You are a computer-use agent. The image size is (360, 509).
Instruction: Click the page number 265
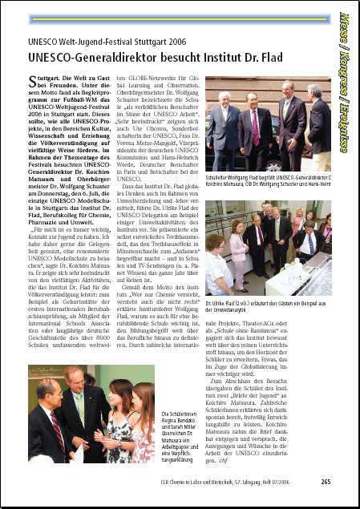(326, 482)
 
